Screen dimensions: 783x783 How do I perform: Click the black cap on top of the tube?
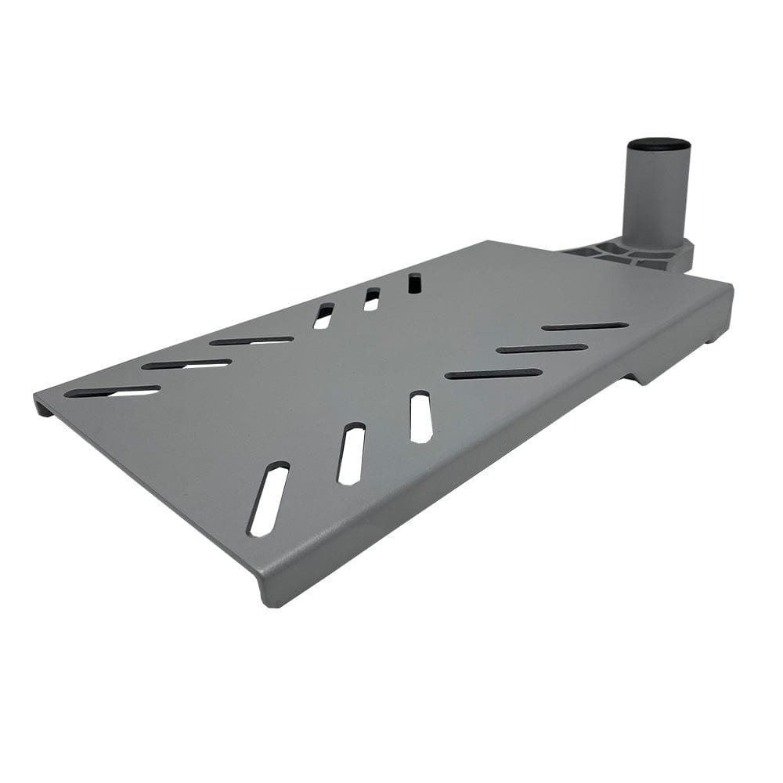click(x=658, y=145)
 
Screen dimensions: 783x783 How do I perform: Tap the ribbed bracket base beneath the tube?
click(x=626, y=253)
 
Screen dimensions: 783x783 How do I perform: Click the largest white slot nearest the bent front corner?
click(x=269, y=499)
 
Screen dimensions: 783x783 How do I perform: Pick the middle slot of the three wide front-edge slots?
click(x=352, y=453)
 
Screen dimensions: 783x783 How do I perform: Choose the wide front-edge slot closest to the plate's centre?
click(x=420, y=417)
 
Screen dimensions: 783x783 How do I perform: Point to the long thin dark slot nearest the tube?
click(x=584, y=326)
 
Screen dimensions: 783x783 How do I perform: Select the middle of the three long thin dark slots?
click(x=541, y=348)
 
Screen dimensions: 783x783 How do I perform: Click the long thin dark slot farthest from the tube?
click(x=493, y=374)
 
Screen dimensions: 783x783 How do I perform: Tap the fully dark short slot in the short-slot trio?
click(x=414, y=283)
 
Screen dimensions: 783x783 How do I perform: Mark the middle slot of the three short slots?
click(x=371, y=299)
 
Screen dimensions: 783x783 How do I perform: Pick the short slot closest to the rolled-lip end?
click(x=323, y=316)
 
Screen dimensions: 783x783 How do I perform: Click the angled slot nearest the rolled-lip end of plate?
click(x=112, y=391)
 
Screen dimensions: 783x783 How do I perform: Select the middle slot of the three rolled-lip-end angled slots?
click(x=186, y=364)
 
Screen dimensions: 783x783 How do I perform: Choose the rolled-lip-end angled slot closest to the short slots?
click(x=251, y=341)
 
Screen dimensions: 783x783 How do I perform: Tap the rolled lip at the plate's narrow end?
click(x=43, y=406)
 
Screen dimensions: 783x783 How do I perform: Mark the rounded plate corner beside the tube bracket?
click(x=724, y=287)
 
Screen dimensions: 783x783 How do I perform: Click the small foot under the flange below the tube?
click(x=714, y=338)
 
